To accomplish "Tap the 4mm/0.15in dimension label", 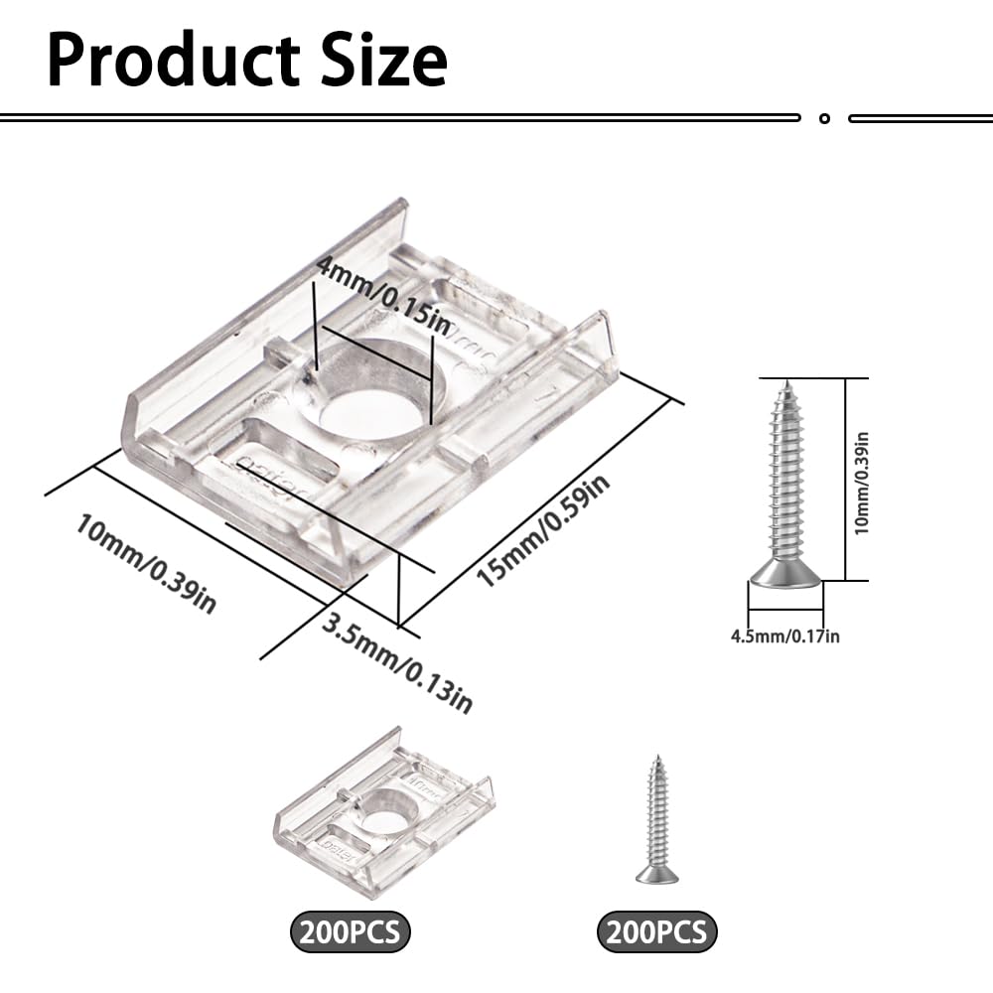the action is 383,296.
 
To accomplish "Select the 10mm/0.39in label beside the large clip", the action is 146,563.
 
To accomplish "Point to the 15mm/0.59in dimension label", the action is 543,530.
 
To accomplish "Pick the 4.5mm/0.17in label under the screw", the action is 785,636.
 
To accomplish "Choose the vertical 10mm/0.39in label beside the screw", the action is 861,484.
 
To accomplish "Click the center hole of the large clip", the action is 370,414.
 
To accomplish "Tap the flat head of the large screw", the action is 785,575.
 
